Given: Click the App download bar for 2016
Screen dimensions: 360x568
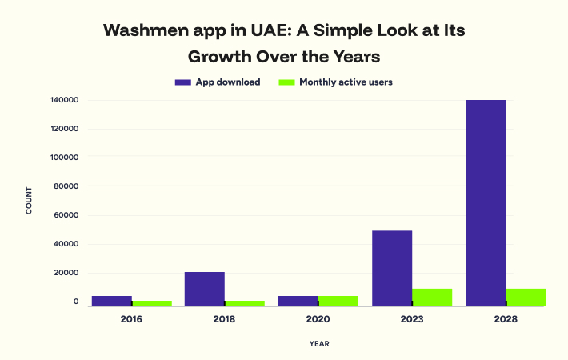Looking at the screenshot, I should [112, 301].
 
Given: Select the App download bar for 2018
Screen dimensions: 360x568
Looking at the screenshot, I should [205, 289].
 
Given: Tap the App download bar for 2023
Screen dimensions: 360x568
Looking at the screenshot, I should [392, 268].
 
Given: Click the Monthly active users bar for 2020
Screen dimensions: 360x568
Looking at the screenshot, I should [338, 301].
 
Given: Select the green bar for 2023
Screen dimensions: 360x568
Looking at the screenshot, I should [432, 297].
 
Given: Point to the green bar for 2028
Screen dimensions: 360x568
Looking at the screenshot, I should [526, 297].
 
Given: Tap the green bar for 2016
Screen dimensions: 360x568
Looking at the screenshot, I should [152, 303].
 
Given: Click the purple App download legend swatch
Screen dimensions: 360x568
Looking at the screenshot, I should [182, 82].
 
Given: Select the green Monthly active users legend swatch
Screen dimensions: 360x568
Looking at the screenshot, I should [286, 82].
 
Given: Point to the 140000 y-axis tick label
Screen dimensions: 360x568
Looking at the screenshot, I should [63, 100].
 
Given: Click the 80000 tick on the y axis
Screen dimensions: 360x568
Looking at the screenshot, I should [66, 186].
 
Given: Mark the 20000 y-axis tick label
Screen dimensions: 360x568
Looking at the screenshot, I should [66, 273].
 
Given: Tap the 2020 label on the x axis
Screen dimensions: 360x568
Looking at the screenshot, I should [318, 319].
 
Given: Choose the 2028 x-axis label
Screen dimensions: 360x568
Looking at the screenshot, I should [506, 319].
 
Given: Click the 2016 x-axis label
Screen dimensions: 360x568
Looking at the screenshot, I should [132, 319].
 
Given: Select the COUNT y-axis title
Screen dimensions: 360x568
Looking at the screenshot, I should [30, 200].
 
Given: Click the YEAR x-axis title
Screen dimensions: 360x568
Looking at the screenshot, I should [319, 344].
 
